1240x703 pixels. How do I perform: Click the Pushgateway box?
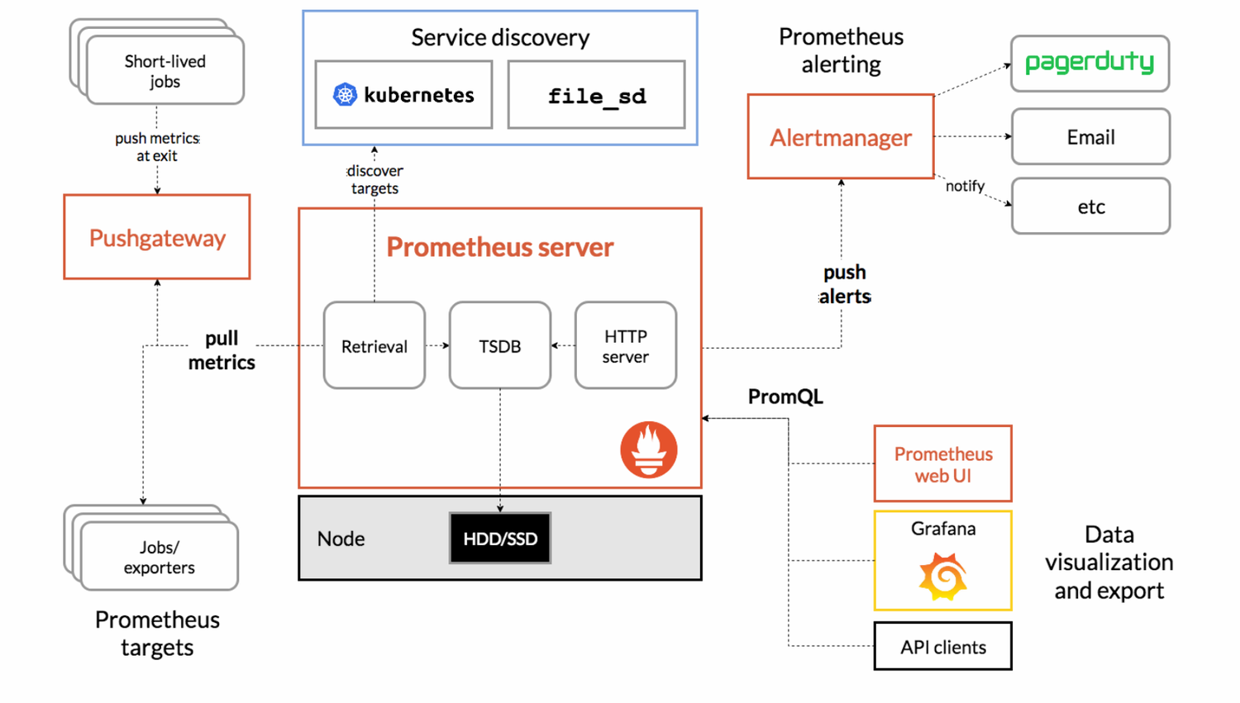[x=157, y=237]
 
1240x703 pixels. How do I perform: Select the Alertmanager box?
[x=841, y=136]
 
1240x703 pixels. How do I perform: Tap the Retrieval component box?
[x=374, y=345]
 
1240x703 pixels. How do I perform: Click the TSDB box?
[x=500, y=345]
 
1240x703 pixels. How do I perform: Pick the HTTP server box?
[x=626, y=345]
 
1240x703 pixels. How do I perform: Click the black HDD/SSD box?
[x=500, y=539]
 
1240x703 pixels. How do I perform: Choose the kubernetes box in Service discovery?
[x=403, y=95]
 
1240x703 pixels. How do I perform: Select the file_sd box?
[x=596, y=95]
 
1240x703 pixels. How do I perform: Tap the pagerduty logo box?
[x=1090, y=64]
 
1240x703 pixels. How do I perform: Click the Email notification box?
[x=1090, y=136]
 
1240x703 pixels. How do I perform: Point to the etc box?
[x=1090, y=207]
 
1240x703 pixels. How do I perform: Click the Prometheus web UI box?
[x=943, y=463]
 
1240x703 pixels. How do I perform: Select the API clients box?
[x=943, y=647]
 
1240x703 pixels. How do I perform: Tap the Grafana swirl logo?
[x=943, y=577]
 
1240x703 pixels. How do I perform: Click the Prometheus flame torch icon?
[x=649, y=449]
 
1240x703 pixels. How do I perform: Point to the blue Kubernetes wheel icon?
[x=345, y=95]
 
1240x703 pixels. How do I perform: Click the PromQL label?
[x=785, y=397]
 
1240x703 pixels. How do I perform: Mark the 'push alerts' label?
[x=845, y=284]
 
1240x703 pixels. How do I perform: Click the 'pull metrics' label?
[x=222, y=350]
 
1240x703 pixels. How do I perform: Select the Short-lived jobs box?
[x=165, y=71]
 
